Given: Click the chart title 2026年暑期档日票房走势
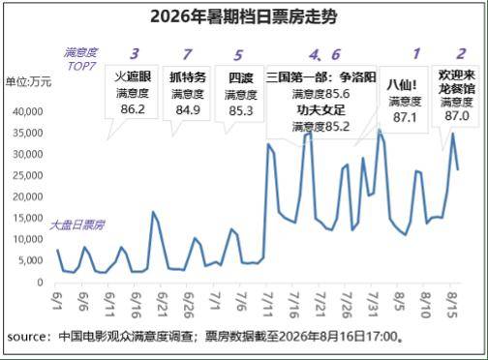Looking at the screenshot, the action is [244, 16].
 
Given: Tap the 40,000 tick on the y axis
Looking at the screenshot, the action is [28, 111].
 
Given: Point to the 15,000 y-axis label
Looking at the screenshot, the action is [28, 218].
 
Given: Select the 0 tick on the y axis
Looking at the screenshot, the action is [40, 283].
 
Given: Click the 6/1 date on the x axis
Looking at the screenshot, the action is [57, 301].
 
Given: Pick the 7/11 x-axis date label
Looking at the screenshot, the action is [268, 305].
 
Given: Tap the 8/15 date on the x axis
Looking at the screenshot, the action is [452, 305].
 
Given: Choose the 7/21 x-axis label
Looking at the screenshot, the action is [320, 305].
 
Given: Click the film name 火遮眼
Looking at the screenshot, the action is [133, 76].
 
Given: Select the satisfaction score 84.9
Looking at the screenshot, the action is [188, 110].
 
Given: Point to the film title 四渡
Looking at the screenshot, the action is [240, 78].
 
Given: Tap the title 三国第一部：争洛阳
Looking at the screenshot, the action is [321, 77].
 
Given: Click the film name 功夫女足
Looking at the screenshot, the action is [320, 110].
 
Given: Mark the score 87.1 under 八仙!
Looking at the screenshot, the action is [405, 117].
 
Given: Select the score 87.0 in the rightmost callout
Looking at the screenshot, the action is [457, 116].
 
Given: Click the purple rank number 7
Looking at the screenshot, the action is [187, 54].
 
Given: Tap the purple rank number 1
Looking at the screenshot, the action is [416, 53].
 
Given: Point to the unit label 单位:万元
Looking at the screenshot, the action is [28, 82].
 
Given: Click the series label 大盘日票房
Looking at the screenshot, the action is [76, 225].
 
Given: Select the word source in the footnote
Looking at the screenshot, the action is [27, 337].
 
